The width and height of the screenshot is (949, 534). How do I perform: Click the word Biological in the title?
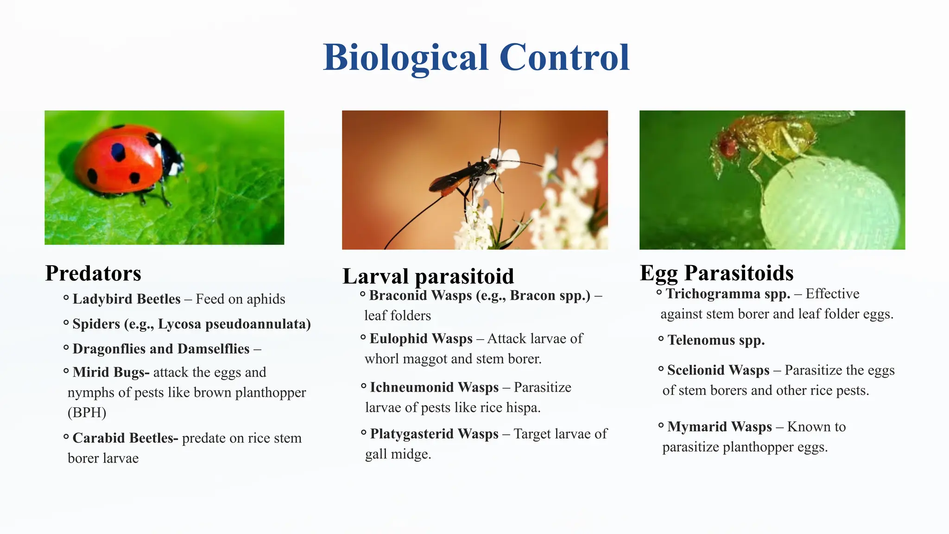405,58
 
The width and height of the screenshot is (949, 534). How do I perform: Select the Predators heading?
93,273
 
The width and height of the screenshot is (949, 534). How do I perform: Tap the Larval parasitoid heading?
428,276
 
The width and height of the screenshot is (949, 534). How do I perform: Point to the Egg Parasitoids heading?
716,273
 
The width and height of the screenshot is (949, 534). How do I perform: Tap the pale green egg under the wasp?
829,204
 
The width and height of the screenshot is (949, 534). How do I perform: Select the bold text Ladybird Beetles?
126,299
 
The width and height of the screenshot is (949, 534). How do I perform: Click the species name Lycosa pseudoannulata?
234,324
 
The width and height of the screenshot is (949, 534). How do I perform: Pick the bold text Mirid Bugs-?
111,372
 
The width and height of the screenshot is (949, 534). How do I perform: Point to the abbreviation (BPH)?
87,413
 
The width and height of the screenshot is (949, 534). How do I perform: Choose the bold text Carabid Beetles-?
125,438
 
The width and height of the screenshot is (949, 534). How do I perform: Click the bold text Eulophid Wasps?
421,339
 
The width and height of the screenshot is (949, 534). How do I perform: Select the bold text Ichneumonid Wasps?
434,388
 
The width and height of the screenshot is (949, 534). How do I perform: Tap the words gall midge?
398,454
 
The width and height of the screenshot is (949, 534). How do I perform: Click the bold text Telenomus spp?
715,340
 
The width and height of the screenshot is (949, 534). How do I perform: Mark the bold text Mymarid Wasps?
719,427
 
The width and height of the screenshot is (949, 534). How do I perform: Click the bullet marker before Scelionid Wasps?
661,369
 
